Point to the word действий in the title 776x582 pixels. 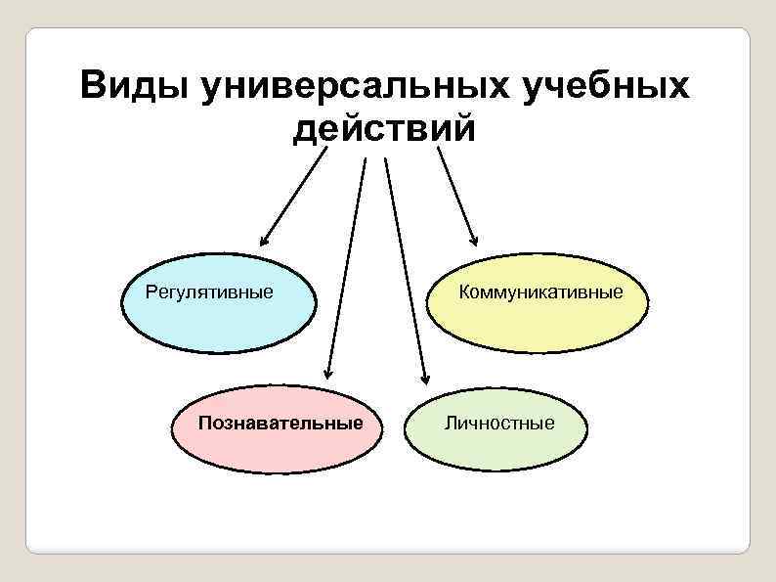(384, 128)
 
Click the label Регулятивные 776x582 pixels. (209, 291)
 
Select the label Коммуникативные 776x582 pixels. (540, 291)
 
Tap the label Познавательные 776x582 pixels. (280, 423)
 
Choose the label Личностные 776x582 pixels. (498, 423)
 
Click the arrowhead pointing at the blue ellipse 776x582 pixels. (263, 241)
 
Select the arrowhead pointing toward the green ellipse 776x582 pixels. (425, 376)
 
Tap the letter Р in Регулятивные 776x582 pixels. (151, 291)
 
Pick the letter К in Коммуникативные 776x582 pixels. (464, 291)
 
